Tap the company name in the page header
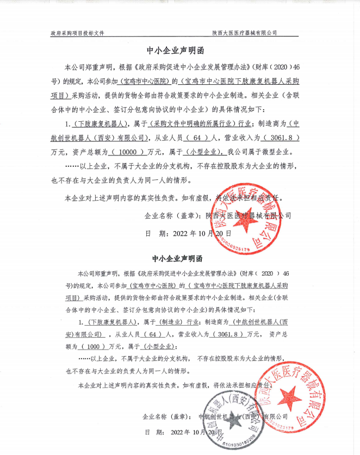click(245, 33)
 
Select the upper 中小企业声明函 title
click(179, 51)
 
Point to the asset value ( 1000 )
click(92, 346)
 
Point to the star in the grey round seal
click(232, 422)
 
